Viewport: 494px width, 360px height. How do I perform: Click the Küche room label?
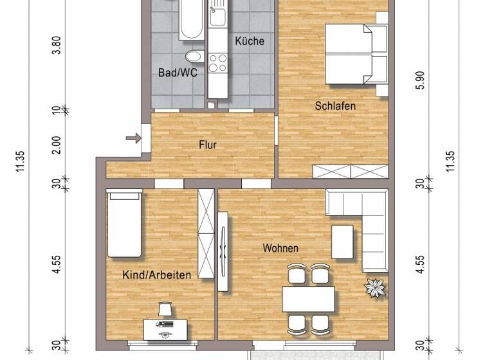249,41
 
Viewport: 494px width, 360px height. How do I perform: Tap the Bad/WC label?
178,73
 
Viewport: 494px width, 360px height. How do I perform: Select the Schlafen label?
335,105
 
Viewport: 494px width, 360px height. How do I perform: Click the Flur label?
208,145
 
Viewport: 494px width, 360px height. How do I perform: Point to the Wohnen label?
280,248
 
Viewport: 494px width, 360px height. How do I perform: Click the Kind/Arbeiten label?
156,275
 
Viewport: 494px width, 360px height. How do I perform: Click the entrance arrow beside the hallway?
133,138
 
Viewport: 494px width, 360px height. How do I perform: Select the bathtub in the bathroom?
191,18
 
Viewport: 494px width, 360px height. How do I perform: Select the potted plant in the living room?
375,288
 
